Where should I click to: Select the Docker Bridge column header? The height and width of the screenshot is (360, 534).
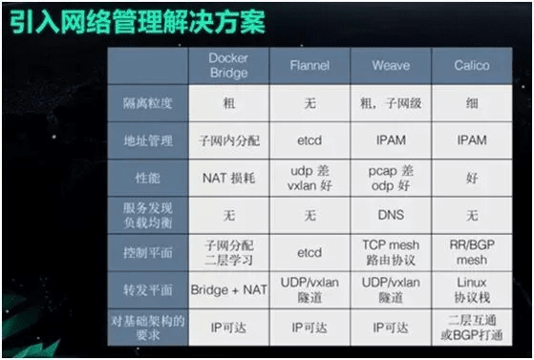tap(228, 65)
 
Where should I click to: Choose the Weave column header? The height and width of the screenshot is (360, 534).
tap(390, 66)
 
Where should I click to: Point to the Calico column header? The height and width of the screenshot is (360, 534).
tap(472, 66)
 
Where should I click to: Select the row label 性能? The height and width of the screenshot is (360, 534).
tap(148, 178)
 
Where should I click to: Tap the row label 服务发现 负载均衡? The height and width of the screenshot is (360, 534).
tap(148, 216)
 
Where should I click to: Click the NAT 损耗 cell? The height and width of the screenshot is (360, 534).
tap(228, 178)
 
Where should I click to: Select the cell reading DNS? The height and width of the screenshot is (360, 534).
tap(390, 216)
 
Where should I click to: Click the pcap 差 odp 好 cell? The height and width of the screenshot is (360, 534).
tap(390, 178)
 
